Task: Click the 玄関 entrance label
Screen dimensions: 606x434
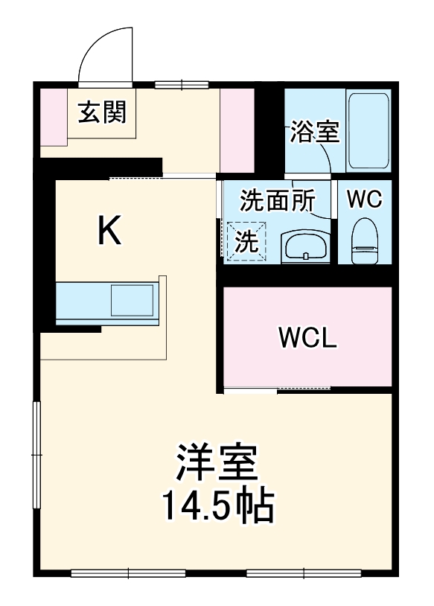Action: pos(103,113)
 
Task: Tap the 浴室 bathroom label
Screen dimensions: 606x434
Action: pos(315,133)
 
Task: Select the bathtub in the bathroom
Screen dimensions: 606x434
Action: pos(368,131)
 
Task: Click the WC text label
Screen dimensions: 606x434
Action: pos(365,199)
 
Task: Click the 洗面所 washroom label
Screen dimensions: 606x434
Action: pos(277,200)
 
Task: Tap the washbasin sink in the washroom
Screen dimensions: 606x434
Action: pos(306,244)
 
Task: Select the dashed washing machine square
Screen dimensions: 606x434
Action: pos(244,242)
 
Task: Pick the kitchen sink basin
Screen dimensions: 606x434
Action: pos(131,302)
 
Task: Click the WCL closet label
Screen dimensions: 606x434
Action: pos(308,338)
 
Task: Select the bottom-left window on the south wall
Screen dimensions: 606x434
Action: pos(129,573)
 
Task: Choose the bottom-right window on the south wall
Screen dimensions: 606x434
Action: pos(303,573)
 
